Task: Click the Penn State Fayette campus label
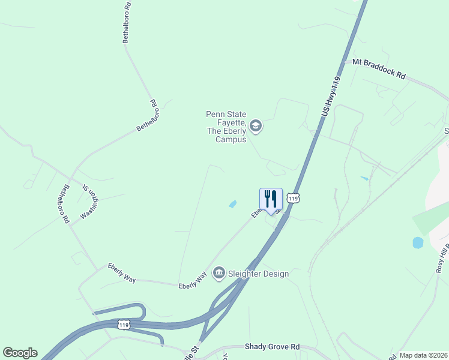click(226, 126)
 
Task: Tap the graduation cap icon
click(256, 126)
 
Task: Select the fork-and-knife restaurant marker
click(271, 199)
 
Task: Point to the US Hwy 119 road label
click(331, 96)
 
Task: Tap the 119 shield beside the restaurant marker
click(292, 197)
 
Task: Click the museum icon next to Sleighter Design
click(218, 274)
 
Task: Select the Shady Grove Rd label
click(272, 347)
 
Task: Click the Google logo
click(20, 353)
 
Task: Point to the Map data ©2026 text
click(423, 355)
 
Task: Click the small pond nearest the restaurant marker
click(233, 204)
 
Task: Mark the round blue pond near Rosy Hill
click(418, 243)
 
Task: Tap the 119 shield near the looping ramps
click(124, 325)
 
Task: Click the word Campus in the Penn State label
click(231, 139)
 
